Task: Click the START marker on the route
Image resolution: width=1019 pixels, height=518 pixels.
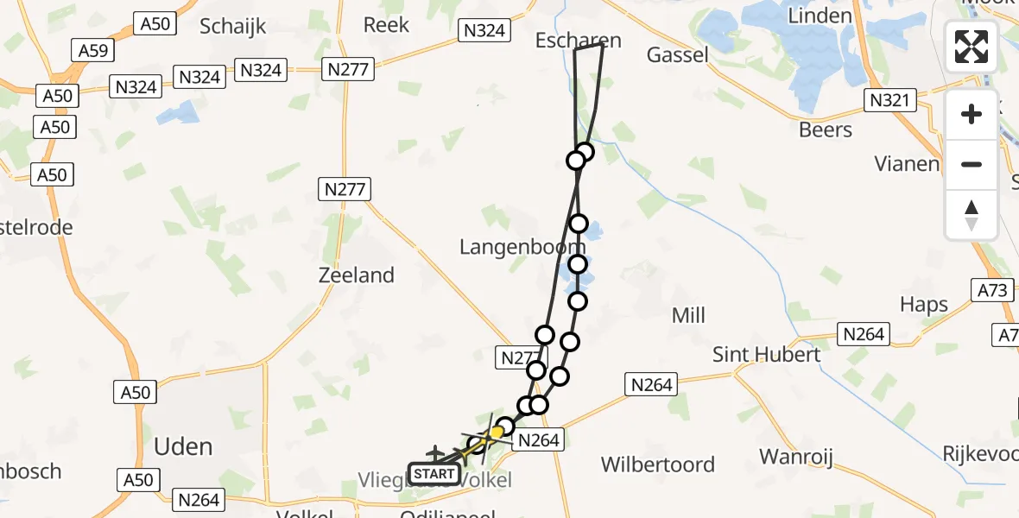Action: (x=434, y=473)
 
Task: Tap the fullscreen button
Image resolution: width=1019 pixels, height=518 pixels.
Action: (x=972, y=47)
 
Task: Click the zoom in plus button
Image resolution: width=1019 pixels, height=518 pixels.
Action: (x=972, y=114)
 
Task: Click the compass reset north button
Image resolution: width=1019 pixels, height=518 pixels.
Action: (x=972, y=215)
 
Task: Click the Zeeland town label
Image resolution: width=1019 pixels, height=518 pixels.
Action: (x=356, y=275)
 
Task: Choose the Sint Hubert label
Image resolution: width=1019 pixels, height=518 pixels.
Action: (x=766, y=354)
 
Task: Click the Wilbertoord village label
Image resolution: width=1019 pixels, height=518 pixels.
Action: (x=658, y=464)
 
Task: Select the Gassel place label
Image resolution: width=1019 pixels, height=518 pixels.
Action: (x=678, y=55)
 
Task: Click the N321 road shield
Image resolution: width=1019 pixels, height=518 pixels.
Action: (x=889, y=101)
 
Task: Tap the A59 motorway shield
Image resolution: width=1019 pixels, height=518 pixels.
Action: (x=93, y=51)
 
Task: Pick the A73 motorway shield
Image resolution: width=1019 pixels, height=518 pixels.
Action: (x=993, y=291)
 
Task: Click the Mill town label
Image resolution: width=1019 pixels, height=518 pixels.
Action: (x=688, y=315)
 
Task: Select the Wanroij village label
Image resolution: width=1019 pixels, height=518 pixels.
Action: (x=795, y=456)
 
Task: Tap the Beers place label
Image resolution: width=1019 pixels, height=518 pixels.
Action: (x=826, y=129)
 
